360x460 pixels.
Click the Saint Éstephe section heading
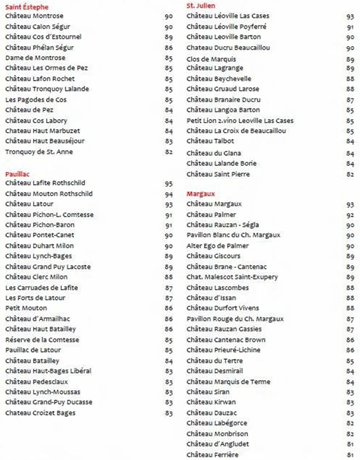pyautogui.click(x=27, y=7)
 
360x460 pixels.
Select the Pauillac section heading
pyautogui.click(x=17, y=174)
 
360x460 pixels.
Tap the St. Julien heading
pyautogui.click(x=201, y=6)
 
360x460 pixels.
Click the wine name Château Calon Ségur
pyautogui.click(x=37, y=26)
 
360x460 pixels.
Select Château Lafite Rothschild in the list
pyautogui.click(x=45, y=183)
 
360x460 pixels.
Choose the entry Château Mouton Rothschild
pyautogui.click(x=49, y=194)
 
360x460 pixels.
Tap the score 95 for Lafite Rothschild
pyautogui.click(x=169, y=184)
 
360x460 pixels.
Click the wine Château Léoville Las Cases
pyautogui.click(x=228, y=16)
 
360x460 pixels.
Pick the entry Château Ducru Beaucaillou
pyautogui.click(x=228, y=48)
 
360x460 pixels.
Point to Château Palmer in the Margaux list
pyautogui.click(x=211, y=215)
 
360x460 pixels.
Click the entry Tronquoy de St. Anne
pyautogui.click(x=39, y=152)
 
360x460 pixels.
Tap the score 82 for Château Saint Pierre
pyautogui.click(x=350, y=175)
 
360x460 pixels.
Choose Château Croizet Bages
pyautogui.click(x=40, y=413)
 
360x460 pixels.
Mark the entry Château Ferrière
pyautogui.click(x=212, y=454)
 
